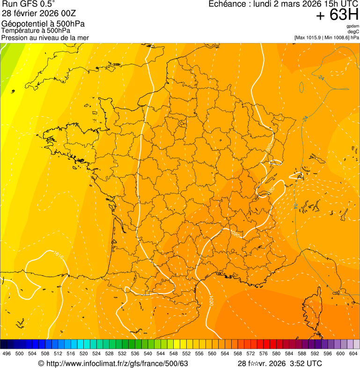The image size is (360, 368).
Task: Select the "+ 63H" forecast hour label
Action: [337, 15]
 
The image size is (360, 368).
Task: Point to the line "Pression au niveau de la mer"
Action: [45, 37]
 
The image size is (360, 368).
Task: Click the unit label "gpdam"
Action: [353, 26]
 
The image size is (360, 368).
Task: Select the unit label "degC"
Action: [353, 31]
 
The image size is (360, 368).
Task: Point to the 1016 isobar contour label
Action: [58, 256]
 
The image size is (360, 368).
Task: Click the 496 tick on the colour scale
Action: [7, 353]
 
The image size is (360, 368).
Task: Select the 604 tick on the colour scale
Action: [353, 353]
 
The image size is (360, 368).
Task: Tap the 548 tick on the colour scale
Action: [173, 353]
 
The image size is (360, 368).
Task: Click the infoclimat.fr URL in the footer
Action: [117, 363]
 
